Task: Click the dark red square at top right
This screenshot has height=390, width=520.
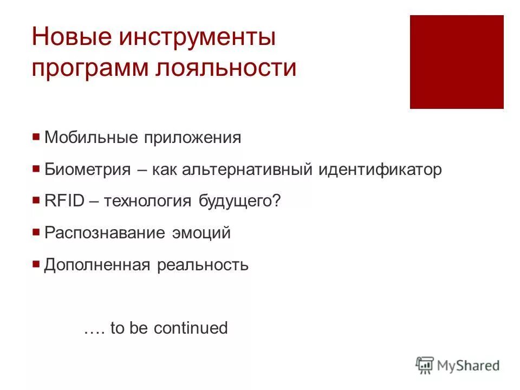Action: tap(457, 62)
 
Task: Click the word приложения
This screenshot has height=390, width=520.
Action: tap(192, 138)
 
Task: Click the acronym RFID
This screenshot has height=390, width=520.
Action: tap(63, 201)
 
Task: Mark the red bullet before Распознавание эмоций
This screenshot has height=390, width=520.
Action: tap(36, 233)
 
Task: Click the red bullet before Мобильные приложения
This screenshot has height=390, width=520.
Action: tap(36, 137)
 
